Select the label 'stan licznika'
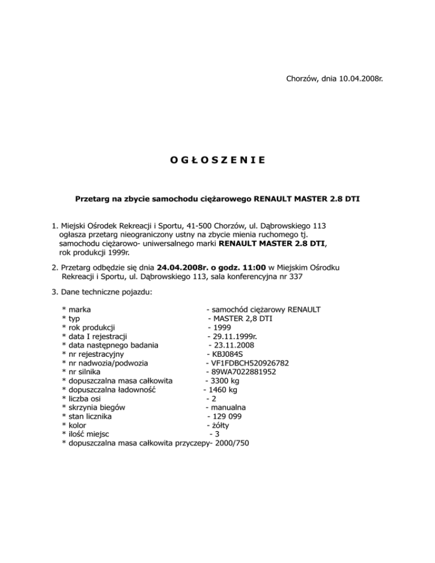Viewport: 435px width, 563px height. coord(90,416)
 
